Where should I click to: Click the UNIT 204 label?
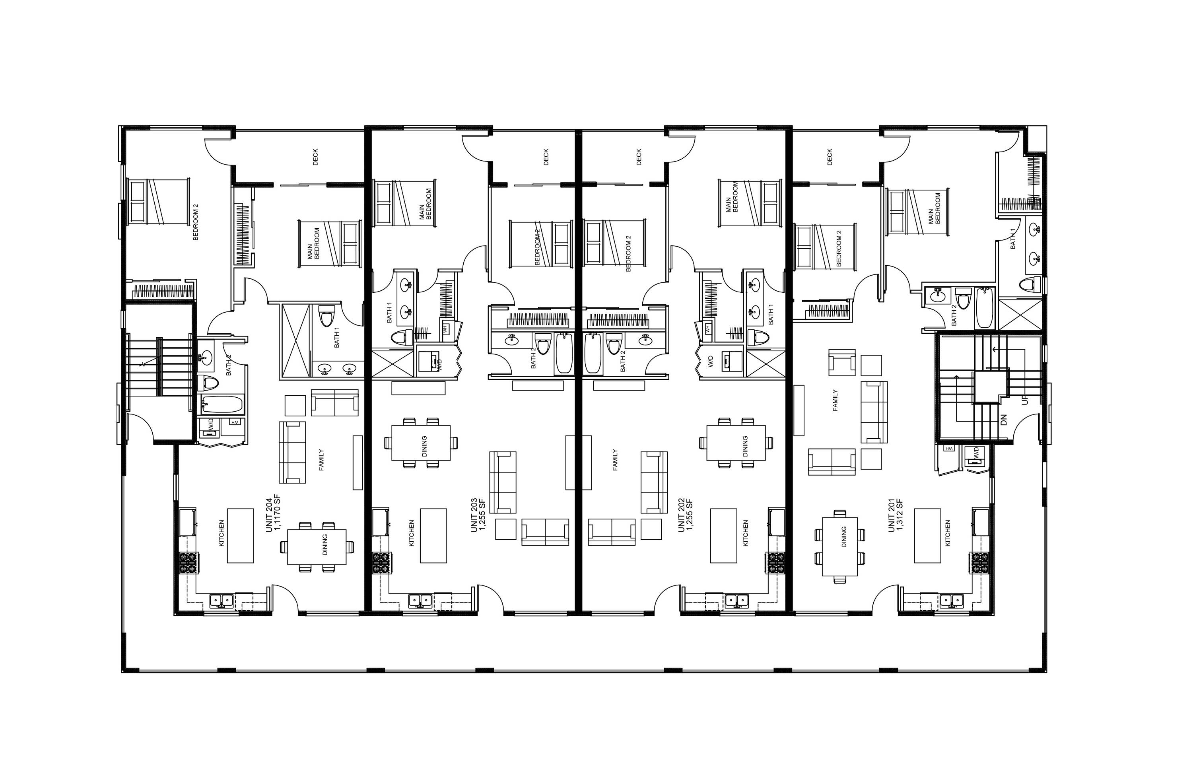pos(269,515)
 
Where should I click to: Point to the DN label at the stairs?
pos(1004,419)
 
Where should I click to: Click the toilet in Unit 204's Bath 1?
pos(327,315)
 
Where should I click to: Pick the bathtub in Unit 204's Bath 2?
pos(222,404)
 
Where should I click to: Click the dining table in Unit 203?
pos(421,443)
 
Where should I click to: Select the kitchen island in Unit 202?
pos(723,535)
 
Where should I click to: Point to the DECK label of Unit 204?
pos(315,157)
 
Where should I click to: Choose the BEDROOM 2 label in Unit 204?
pos(196,222)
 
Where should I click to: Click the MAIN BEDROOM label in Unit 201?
pos(935,208)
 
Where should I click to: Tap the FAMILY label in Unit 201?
pos(835,401)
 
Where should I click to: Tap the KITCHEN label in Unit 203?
pos(412,533)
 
